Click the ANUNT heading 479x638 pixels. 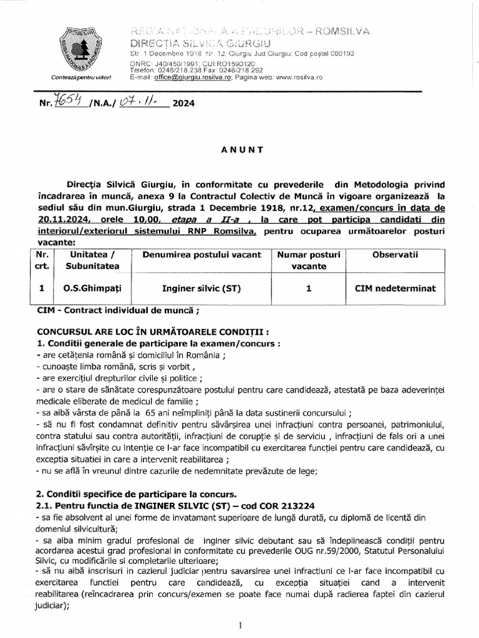point(241,150)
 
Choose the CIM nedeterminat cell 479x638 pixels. point(396,288)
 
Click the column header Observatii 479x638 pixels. point(396,255)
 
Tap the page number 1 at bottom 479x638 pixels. point(240,625)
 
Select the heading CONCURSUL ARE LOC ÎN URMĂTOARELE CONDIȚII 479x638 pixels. point(153,331)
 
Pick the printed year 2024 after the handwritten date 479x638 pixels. point(183,104)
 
